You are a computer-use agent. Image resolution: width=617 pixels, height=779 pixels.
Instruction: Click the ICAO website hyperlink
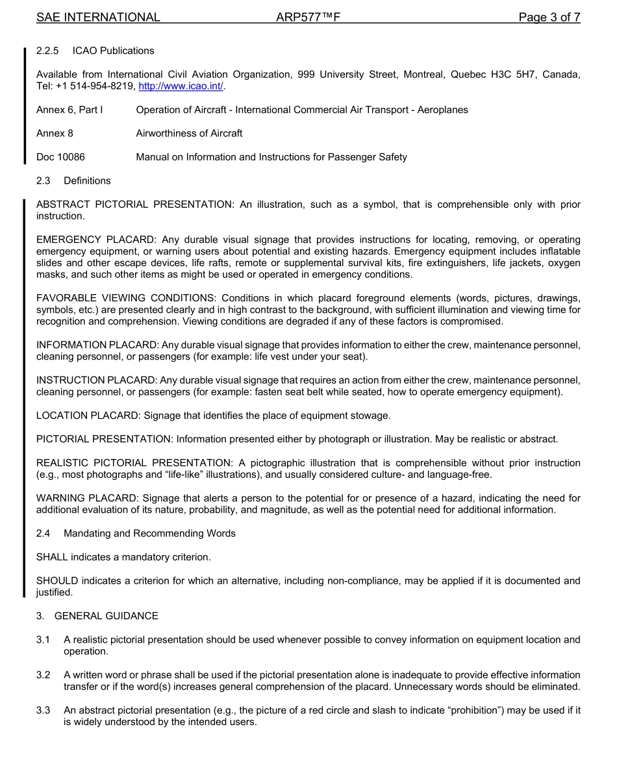[x=181, y=86]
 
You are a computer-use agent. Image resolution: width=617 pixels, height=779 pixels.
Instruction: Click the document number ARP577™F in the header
[x=308, y=18]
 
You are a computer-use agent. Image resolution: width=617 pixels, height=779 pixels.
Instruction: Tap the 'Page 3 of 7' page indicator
[x=549, y=18]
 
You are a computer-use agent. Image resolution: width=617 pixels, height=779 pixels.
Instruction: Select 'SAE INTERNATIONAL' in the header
[x=98, y=18]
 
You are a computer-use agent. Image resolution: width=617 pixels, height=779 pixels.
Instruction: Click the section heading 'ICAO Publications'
[x=113, y=51]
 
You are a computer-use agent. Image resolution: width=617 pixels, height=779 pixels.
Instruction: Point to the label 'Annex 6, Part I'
[x=69, y=110]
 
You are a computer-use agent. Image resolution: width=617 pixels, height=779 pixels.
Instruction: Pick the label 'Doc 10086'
[x=60, y=157]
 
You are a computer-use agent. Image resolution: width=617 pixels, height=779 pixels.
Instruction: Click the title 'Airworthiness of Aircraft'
[x=189, y=133]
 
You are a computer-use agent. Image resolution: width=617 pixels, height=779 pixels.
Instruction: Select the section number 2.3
[x=44, y=180]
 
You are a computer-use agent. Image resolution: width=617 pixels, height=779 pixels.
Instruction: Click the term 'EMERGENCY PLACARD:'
[x=96, y=240]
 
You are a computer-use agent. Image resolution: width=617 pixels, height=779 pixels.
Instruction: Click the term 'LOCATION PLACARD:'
[x=88, y=415]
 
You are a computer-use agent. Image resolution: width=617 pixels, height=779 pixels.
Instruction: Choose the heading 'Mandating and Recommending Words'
[x=149, y=534]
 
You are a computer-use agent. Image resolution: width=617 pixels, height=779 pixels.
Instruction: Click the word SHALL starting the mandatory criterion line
[x=52, y=557]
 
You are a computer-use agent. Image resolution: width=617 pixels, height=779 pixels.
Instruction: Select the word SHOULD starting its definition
[x=57, y=580]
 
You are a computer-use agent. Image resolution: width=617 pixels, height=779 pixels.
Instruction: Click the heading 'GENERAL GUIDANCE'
[x=107, y=616]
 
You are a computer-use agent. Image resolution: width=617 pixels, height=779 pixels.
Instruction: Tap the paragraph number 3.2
[x=44, y=675]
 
